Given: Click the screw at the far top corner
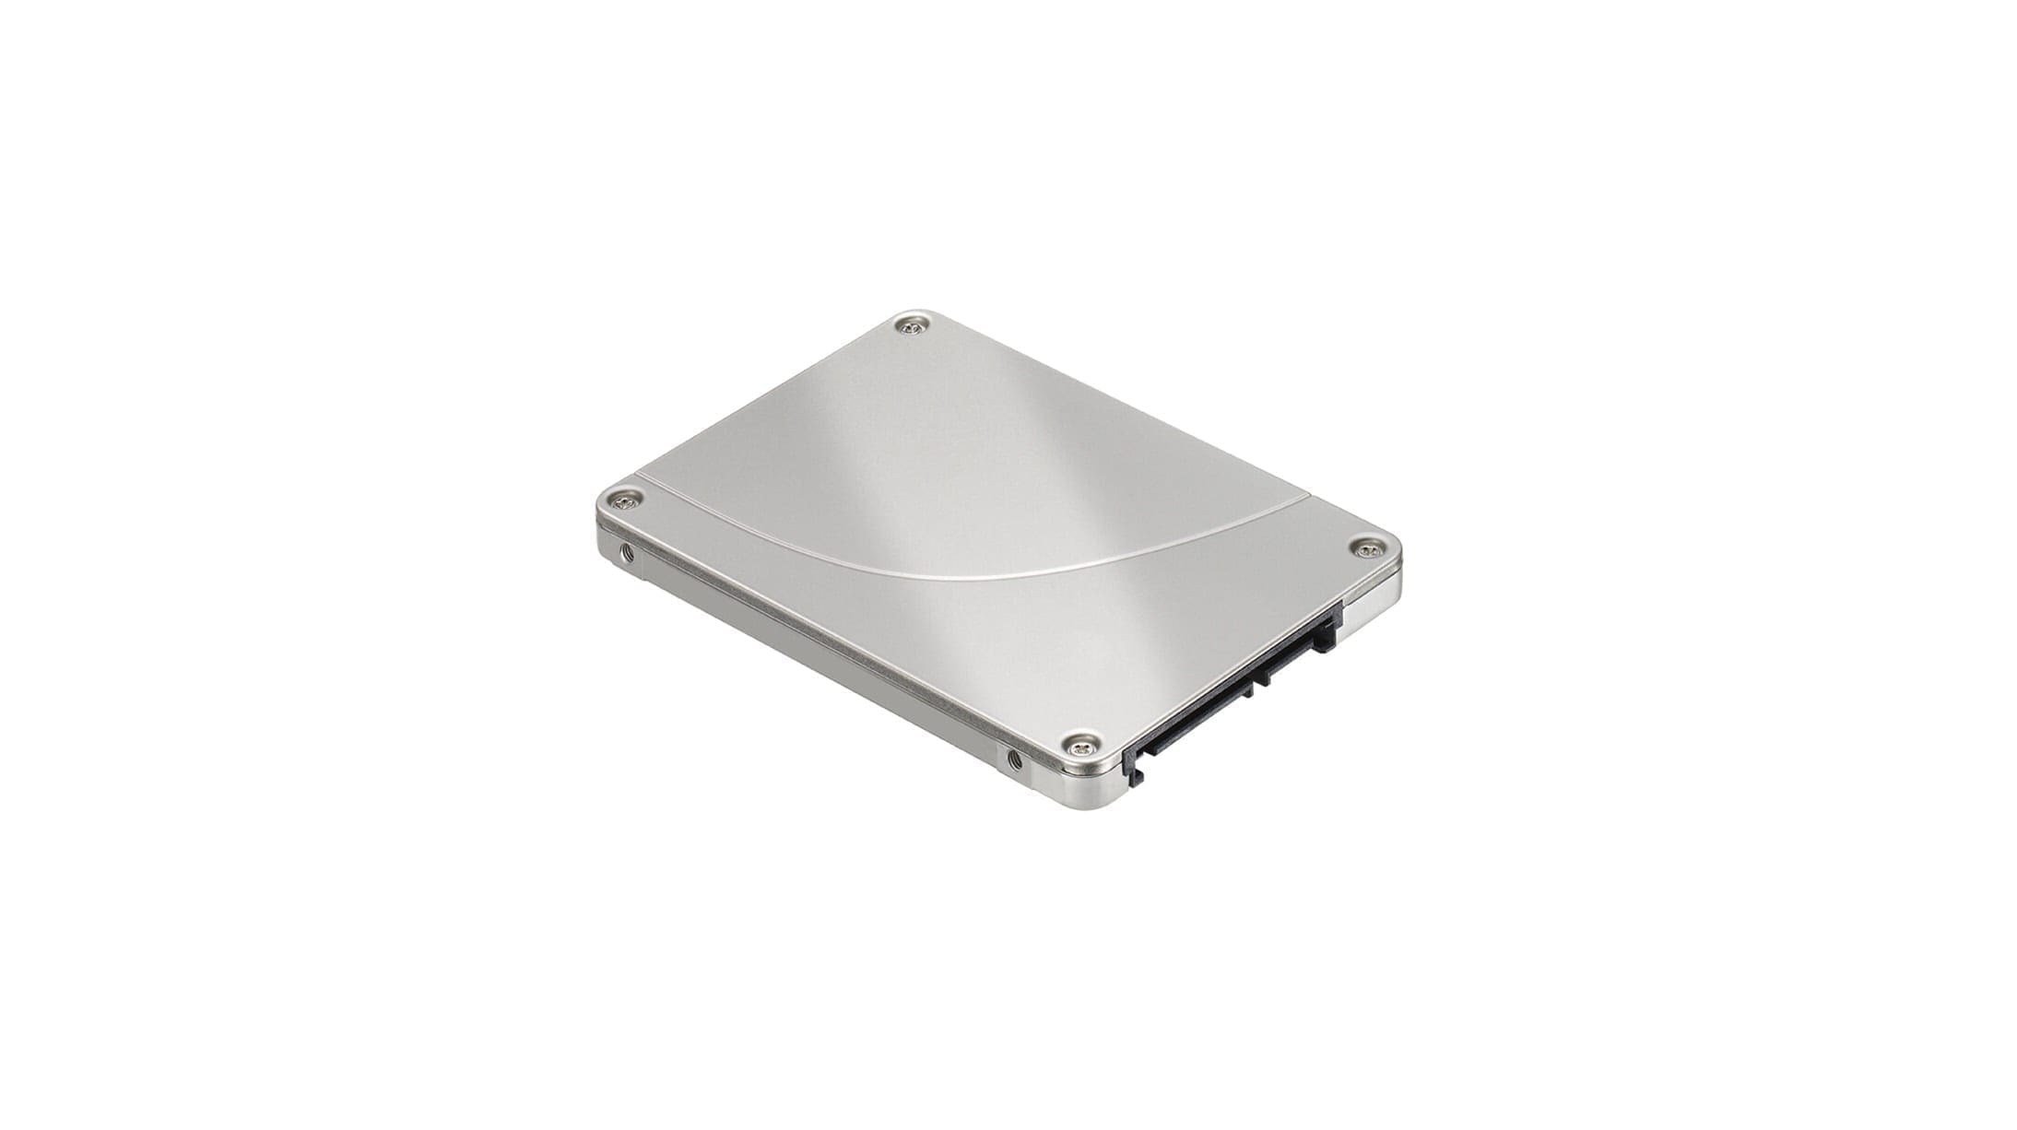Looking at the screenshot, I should [912, 325].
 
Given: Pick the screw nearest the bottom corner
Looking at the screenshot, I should [1081, 745].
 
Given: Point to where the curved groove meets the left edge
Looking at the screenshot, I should [644, 480].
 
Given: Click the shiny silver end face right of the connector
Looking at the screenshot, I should [1368, 614].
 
